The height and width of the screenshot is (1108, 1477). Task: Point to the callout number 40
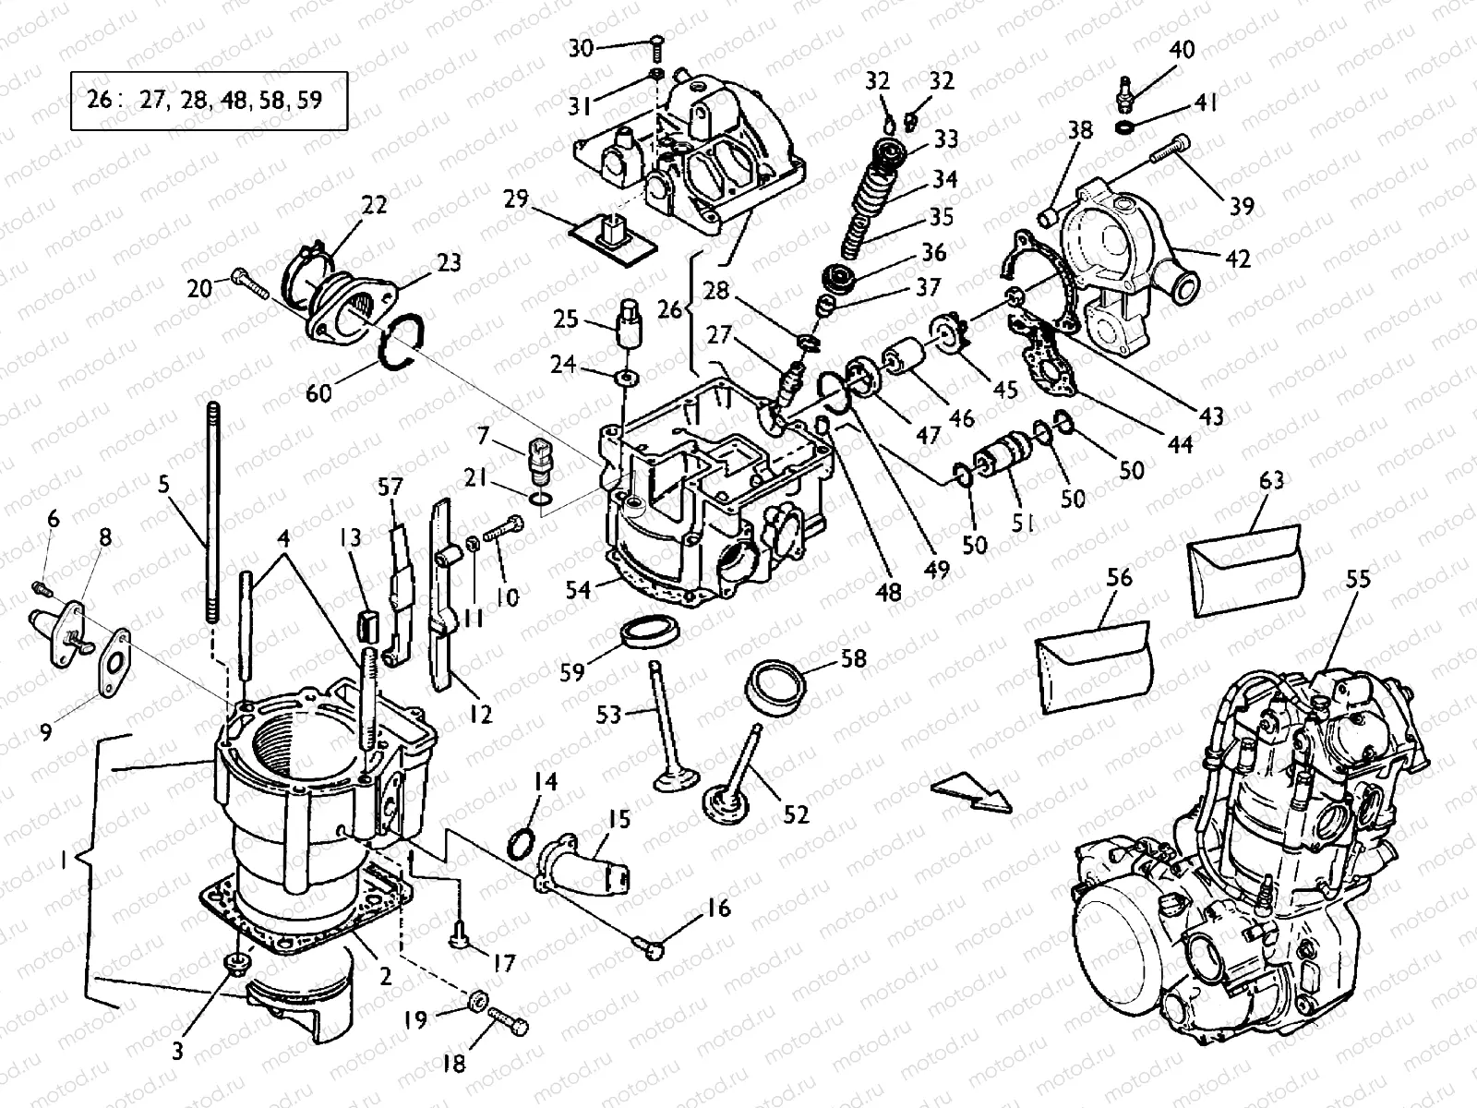1182,50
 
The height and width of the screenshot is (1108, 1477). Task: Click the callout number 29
516,198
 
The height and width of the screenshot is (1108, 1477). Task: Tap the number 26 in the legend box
99,100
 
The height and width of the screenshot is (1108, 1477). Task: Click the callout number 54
579,589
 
